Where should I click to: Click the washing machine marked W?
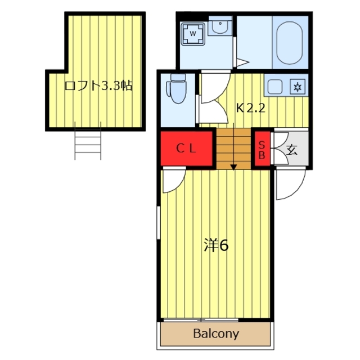(x=193, y=34)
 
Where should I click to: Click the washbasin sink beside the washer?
(x=220, y=26)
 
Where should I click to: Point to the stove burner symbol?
(x=298, y=87)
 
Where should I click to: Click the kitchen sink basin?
(x=275, y=87)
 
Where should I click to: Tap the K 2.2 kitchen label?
(x=251, y=108)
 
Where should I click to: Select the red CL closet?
(x=186, y=148)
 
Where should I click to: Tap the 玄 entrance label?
(x=292, y=150)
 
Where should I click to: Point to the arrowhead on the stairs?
(x=234, y=167)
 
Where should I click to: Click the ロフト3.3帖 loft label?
(x=98, y=85)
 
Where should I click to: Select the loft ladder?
(x=88, y=141)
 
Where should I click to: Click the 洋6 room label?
(x=216, y=245)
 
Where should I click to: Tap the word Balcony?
(x=216, y=334)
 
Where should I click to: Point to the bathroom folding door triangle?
(x=243, y=62)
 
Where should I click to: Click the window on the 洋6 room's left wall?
(x=159, y=223)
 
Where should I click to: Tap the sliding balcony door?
(x=201, y=320)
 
